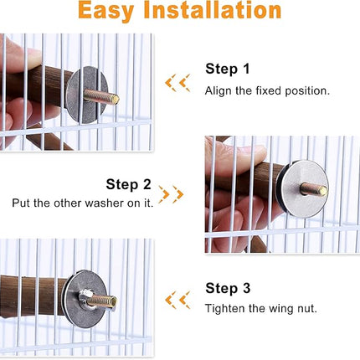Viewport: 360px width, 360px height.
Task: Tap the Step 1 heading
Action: click(228, 69)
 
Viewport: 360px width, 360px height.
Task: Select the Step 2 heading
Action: click(128, 184)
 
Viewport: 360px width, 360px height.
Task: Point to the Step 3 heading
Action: click(228, 288)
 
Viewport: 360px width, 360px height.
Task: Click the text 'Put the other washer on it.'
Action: click(82, 203)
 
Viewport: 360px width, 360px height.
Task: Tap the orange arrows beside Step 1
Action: click(177, 82)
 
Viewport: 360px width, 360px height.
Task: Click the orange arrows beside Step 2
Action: click(171, 195)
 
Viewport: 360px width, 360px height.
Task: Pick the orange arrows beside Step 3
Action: click(177, 299)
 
